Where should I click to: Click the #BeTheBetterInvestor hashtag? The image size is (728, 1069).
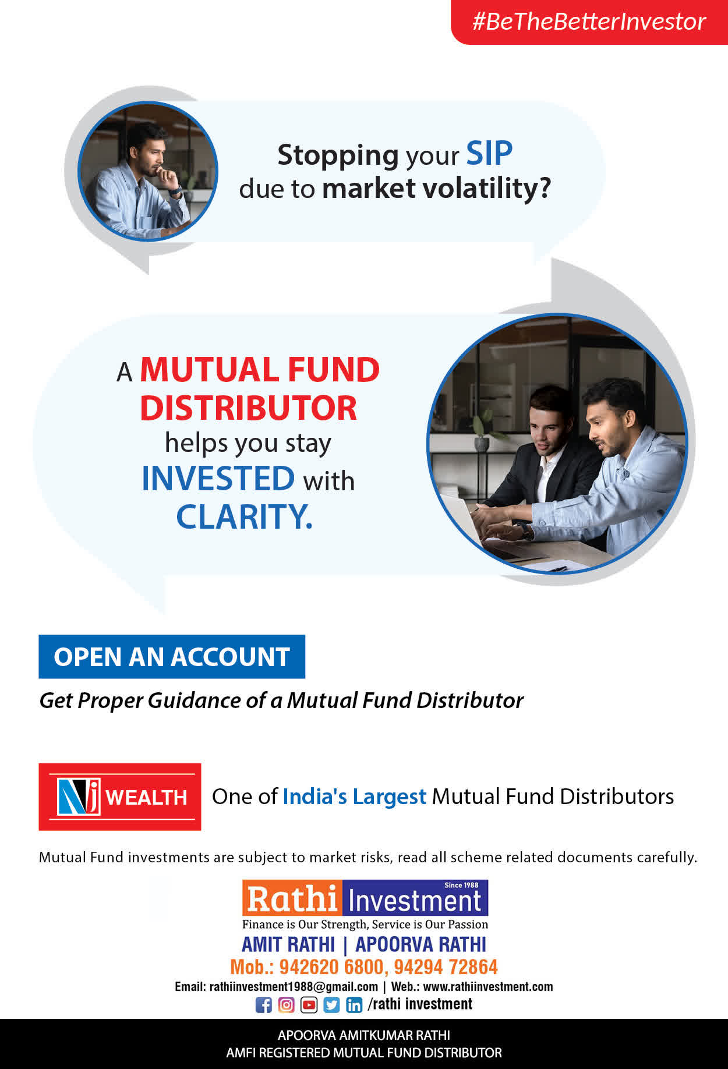[x=589, y=22]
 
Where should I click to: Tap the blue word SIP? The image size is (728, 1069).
[x=489, y=154]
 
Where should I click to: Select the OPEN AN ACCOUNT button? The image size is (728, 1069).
[x=172, y=657]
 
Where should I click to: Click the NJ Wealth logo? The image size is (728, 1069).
[x=120, y=797]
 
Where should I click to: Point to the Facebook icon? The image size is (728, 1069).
[x=264, y=1005]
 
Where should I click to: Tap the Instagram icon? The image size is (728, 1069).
[x=286, y=1005]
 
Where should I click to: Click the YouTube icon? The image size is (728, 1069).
[x=309, y=1005]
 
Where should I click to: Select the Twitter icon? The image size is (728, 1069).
[x=331, y=1005]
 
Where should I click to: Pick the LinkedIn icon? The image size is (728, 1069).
[x=354, y=1005]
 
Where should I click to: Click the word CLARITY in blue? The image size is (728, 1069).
[x=244, y=516]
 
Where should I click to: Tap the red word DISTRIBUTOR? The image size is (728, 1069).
[x=248, y=408]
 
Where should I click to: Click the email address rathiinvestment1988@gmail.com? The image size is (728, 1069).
[x=294, y=987]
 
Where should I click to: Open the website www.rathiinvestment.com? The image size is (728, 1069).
[x=488, y=987]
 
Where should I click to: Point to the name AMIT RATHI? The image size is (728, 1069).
[x=288, y=944]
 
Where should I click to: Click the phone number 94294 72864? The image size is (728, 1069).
[x=446, y=967]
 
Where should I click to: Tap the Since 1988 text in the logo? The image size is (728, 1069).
[x=461, y=885]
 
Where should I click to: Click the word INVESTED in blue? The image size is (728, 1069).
[x=218, y=479]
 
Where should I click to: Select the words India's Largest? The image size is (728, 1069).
[x=354, y=797]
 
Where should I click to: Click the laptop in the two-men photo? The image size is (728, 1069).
[x=466, y=518]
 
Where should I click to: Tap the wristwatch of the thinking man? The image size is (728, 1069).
[x=176, y=190]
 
